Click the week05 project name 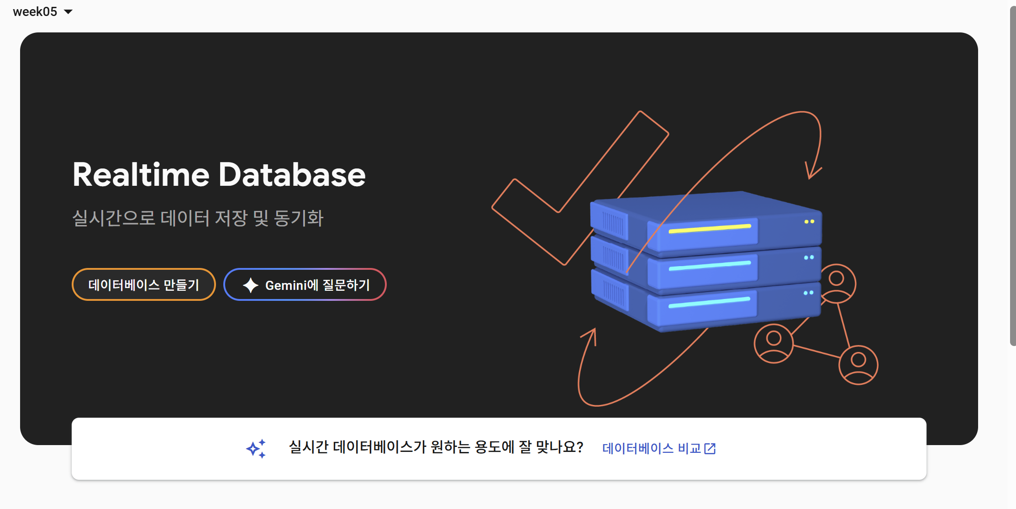click(35, 12)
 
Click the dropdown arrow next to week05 click(68, 12)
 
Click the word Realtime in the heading click(141, 175)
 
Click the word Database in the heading click(292, 175)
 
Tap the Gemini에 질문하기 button click(305, 285)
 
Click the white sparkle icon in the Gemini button click(250, 285)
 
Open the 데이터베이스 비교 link click(651, 448)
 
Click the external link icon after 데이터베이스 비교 click(710, 449)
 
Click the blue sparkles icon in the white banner click(256, 448)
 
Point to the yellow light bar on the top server click(710, 229)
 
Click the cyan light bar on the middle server click(710, 266)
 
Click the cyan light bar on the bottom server click(709, 302)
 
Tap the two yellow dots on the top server click(809, 222)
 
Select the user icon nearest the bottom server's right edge click(837, 283)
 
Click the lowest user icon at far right click(858, 365)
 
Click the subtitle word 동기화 click(299, 218)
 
